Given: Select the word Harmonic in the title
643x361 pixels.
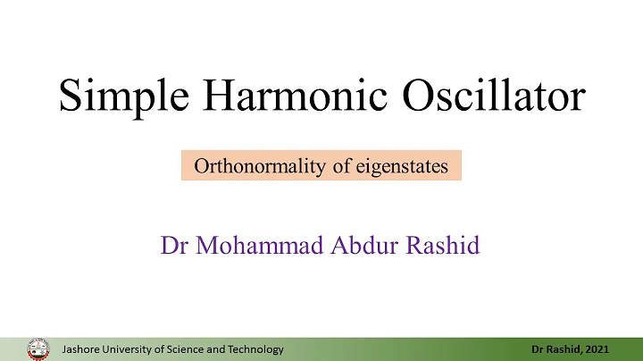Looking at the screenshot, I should click(x=284, y=94).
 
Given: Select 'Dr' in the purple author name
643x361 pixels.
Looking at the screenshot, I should click(x=173, y=245).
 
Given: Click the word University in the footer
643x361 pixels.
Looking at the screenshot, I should click(x=129, y=349).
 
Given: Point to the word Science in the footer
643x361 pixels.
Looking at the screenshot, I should click(x=189, y=349).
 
